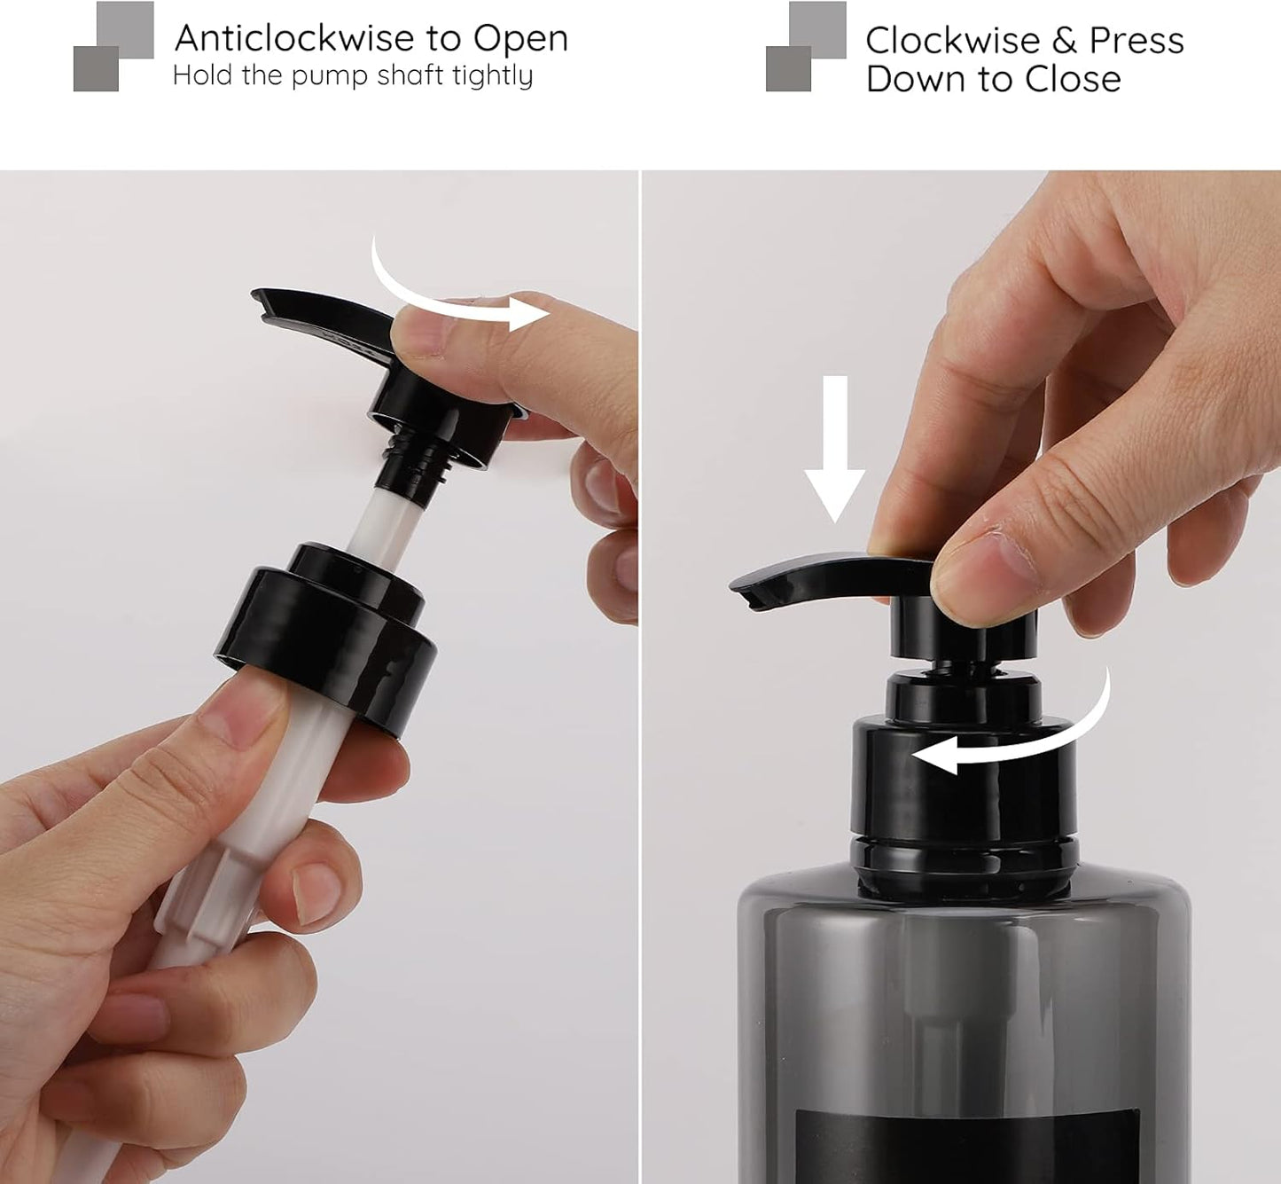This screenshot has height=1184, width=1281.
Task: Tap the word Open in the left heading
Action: tap(520, 40)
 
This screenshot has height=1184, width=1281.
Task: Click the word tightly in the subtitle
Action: tap(492, 76)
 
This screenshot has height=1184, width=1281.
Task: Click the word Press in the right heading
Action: tap(1136, 41)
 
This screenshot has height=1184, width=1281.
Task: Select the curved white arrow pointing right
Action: tap(452, 297)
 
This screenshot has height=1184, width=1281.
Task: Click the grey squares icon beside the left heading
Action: tap(113, 46)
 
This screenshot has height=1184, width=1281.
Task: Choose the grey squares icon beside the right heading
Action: tap(805, 46)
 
